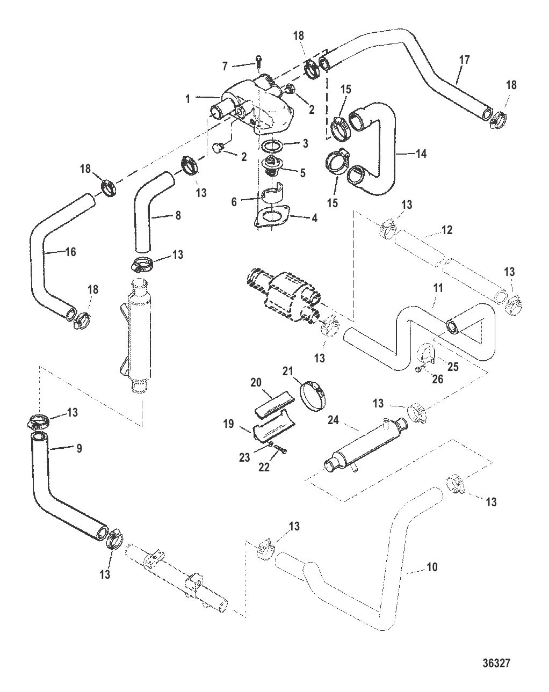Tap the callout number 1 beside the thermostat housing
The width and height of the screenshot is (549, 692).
(x=187, y=99)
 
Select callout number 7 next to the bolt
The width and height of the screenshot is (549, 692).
(x=226, y=65)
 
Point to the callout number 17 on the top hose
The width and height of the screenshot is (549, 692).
(x=465, y=60)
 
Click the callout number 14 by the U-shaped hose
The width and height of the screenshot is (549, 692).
(x=421, y=154)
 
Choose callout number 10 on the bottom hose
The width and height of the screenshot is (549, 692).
(x=432, y=567)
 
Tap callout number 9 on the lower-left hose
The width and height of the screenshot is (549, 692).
(x=78, y=448)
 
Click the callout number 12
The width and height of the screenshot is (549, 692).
(x=447, y=230)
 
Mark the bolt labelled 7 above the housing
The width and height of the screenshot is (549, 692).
(x=258, y=58)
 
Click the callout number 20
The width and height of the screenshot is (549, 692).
(x=255, y=382)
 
